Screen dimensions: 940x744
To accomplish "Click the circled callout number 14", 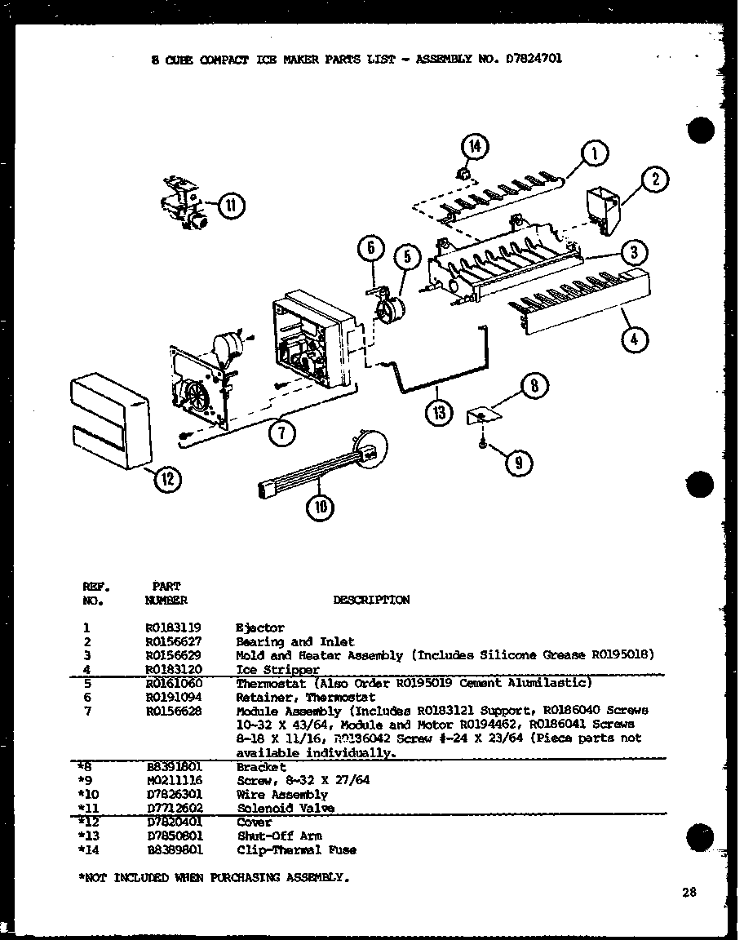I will click(474, 148).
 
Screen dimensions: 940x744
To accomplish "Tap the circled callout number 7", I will click(281, 433).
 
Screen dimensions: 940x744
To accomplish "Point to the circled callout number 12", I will click(167, 480).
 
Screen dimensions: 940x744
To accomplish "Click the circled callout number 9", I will click(518, 464).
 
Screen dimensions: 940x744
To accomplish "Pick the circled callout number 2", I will click(654, 180).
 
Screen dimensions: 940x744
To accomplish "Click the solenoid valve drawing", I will click(184, 203).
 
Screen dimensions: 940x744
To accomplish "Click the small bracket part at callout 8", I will click(481, 416).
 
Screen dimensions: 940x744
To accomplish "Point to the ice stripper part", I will click(583, 306).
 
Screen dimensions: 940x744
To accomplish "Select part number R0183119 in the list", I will click(173, 628).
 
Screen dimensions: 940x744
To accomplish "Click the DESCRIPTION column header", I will click(371, 600).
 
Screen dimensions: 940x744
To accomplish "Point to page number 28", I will click(689, 893).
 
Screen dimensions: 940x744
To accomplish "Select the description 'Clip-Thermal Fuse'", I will click(296, 849).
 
